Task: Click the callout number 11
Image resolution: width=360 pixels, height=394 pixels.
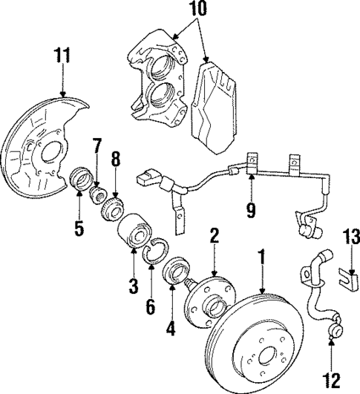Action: (63, 56)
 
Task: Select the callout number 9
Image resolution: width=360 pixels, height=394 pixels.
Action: (251, 211)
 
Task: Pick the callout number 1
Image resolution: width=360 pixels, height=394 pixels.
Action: (261, 257)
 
